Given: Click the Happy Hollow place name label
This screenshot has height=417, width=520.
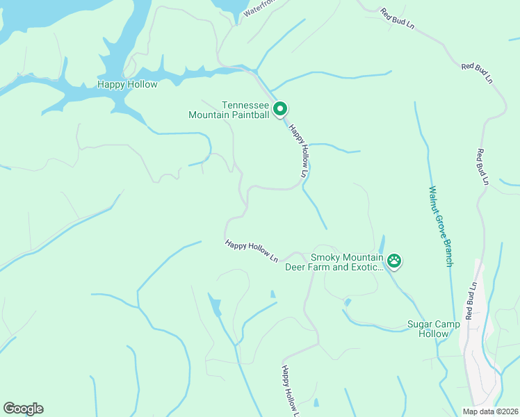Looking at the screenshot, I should (127, 85).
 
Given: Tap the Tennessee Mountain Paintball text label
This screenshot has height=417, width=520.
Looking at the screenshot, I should (229, 110).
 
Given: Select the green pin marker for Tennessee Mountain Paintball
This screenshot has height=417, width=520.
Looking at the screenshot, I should (280, 108).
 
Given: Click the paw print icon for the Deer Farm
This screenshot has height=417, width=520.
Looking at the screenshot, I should (394, 261).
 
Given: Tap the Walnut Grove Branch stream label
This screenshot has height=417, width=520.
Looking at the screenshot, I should (441, 225).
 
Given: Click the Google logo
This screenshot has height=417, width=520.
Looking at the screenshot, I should (23, 409).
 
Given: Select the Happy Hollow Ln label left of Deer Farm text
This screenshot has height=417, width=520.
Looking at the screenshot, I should (251, 251).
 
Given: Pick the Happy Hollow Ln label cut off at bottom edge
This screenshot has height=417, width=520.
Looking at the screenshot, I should (290, 391).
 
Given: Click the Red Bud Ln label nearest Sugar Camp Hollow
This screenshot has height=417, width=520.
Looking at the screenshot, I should (471, 300).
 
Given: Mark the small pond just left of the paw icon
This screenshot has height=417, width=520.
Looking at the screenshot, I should (382, 245).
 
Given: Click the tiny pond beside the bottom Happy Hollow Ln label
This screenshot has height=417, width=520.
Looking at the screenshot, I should (316, 402).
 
